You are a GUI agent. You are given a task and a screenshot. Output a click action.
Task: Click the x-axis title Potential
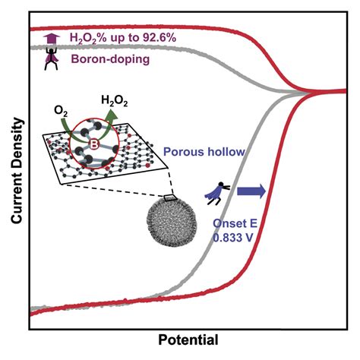point(188,340)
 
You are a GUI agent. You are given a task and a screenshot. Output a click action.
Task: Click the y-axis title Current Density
point(17,171)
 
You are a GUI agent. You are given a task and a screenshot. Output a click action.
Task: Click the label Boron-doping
point(110,59)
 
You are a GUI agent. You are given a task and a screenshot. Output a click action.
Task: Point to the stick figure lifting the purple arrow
point(52,58)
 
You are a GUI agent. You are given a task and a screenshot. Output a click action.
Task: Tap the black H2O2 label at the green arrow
point(115,101)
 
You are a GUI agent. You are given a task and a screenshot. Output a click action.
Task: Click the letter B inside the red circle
point(93,144)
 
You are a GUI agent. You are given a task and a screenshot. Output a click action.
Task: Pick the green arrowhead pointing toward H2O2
point(112,114)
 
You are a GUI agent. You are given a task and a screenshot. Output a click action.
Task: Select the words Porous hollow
point(204,152)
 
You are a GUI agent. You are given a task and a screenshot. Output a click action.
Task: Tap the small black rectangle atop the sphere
point(170,197)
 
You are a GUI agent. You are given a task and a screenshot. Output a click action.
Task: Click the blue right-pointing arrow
point(251,191)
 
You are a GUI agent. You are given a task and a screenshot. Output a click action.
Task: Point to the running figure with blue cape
point(217,193)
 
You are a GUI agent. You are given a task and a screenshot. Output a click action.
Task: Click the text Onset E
point(235,223)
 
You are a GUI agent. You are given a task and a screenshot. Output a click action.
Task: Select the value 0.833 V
point(233,238)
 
